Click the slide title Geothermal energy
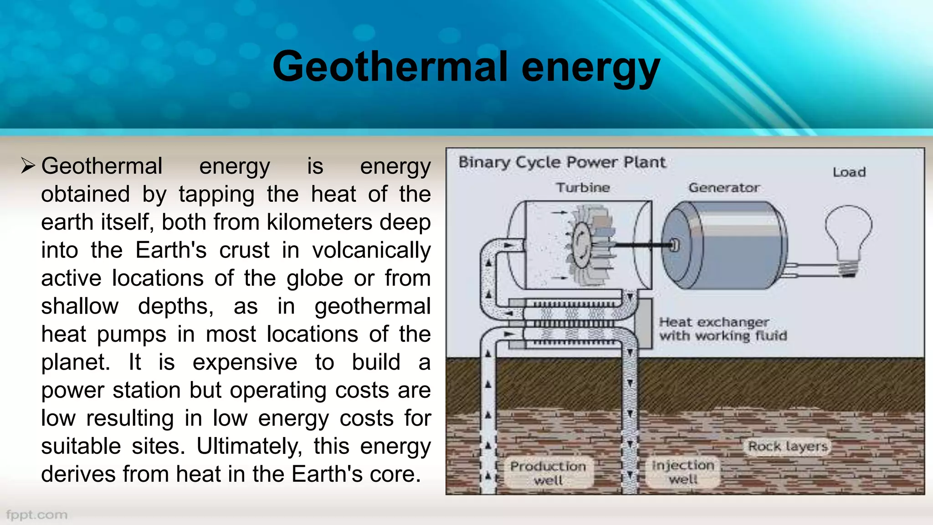tap(466, 67)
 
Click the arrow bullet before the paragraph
tap(28, 166)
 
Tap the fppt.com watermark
tap(37, 515)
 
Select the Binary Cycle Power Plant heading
tap(562, 162)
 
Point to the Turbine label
tap(583, 187)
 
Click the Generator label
tap(723, 187)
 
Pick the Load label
tap(849, 172)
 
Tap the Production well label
tap(548, 473)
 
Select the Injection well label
tap(683, 472)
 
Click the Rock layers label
tap(788, 446)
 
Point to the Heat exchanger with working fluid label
tap(723, 329)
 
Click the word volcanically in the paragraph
tap(371, 250)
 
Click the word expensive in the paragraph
tap(245, 362)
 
